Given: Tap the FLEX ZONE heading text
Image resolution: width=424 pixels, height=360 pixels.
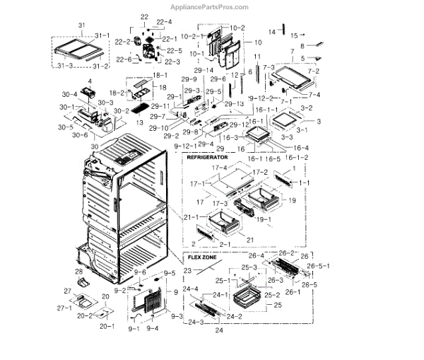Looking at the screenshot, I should [204, 258].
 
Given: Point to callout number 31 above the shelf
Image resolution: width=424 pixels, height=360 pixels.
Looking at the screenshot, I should [80, 26].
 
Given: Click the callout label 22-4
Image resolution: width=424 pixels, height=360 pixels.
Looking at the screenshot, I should [165, 22].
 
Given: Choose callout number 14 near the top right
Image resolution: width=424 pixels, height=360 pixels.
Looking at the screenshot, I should [271, 33].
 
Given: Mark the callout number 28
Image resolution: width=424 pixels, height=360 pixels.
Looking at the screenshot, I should [79, 271].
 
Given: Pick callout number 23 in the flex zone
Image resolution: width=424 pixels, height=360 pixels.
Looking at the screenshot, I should [188, 269].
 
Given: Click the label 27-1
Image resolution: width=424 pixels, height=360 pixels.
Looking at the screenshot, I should [64, 308].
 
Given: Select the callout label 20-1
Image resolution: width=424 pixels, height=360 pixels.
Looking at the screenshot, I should [107, 326].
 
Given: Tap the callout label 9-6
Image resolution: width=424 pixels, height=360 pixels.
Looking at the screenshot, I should [141, 272].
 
